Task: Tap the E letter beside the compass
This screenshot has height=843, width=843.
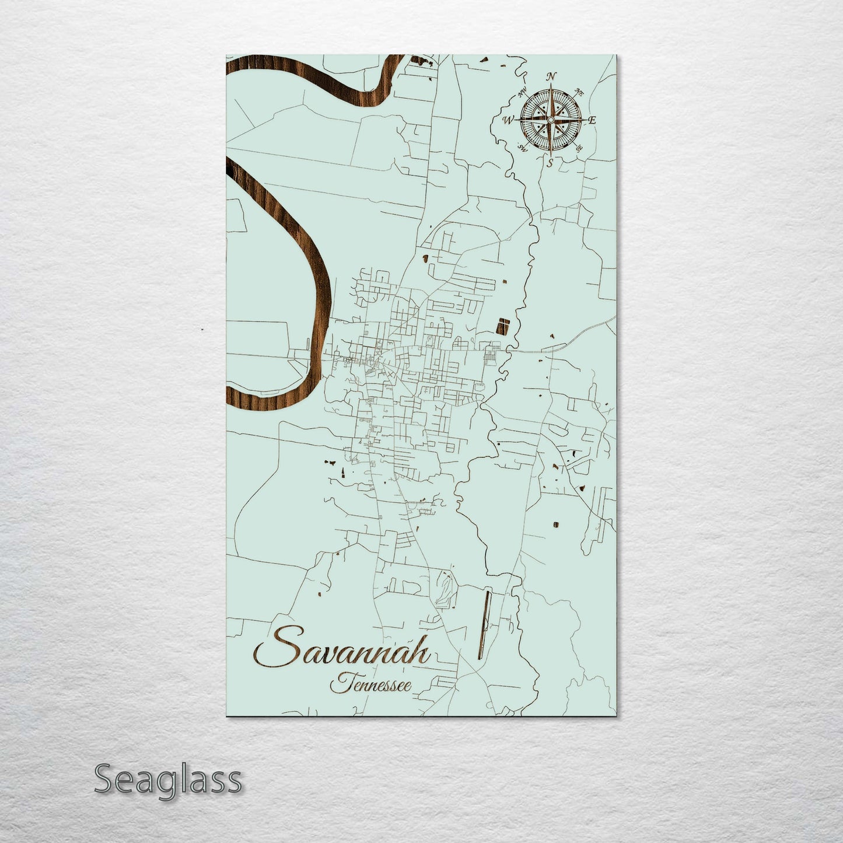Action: click(x=592, y=120)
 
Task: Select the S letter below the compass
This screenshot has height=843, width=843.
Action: click(x=550, y=163)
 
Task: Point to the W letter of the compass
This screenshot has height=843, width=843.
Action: click(x=508, y=120)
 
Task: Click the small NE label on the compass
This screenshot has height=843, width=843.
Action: click(x=579, y=92)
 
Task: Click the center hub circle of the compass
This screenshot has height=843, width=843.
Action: click(x=550, y=120)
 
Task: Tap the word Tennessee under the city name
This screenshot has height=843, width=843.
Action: click(x=369, y=684)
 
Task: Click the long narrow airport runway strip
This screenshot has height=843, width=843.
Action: click(x=483, y=624)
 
